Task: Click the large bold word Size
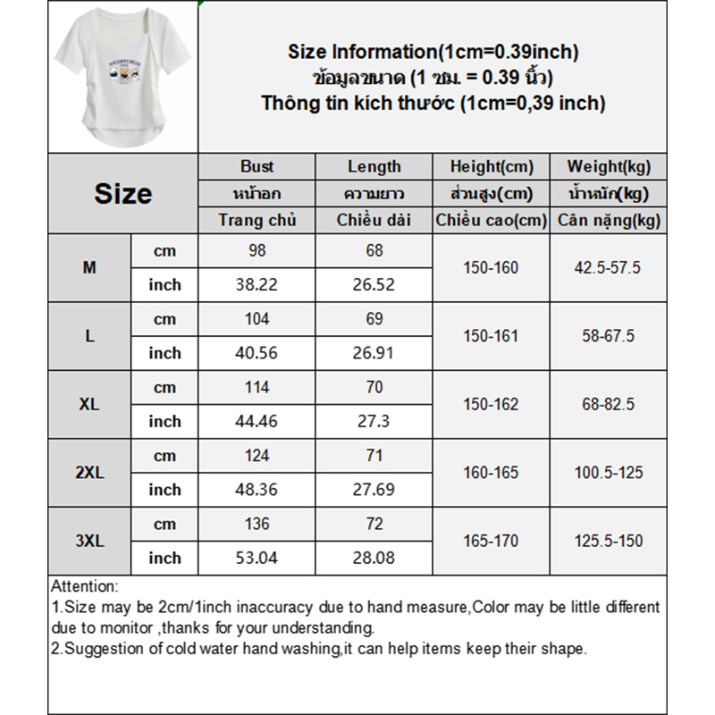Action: coord(122,194)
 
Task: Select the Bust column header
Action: coord(257,166)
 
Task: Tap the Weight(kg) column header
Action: coord(608,166)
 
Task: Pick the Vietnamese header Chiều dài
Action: coord(374,220)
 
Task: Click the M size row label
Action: coord(89,267)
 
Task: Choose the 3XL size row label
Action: coord(89,541)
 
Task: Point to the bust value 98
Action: coord(257,251)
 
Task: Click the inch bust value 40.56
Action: coord(257,353)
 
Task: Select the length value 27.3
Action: coord(374,421)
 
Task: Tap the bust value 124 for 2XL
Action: coord(257,456)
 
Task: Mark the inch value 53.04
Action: coord(257,559)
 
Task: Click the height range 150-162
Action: coord(491,404)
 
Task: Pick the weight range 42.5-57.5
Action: coord(608,267)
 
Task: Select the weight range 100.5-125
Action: coord(608,473)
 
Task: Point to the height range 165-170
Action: coord(491,541)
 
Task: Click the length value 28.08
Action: coord(374,559)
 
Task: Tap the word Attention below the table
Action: coord(85,587)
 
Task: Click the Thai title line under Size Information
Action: coord(433,78)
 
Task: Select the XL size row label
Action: coord(89,404)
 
